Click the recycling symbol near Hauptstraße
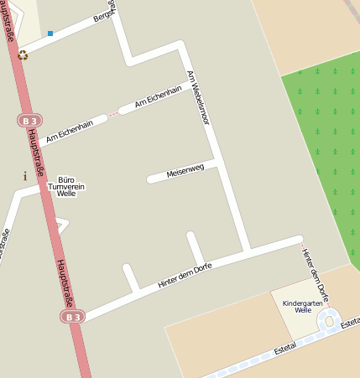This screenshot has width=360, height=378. pyautogui.click(x=23, y=54)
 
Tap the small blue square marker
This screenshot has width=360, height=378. pyautogui.click(x=50, y=34)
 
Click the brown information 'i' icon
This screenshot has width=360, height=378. pyautogui.click(x=25, y=176)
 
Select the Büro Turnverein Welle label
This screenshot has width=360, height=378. pyautogui.click(x=66, y=186)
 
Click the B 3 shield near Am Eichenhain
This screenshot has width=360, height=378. pyautogui.click(x=29, y=121)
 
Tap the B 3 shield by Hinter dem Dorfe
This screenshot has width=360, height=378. pyautogui.click(x=72, y=316)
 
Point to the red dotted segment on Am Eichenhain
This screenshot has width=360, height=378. pyautogui.click(x=112, y=113)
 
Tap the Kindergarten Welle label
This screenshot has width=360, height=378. pyautogui.click(x=303, y=306)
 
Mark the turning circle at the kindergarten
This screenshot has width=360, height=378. pyautogui.click(x=329, y=319)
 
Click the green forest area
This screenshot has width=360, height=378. pyautogui.click(x=323, y=142)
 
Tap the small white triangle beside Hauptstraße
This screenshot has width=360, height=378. pyautogui.click(x=62, y=225)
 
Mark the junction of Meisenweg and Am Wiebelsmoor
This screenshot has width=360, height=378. pyautogui.click(x=217, y=162)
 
